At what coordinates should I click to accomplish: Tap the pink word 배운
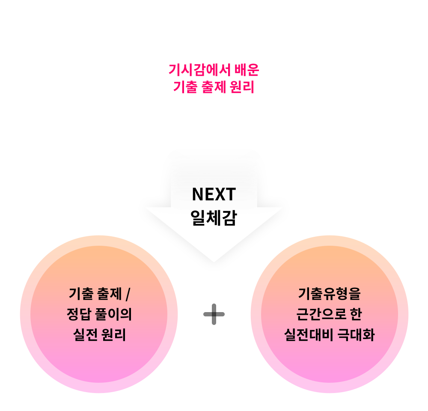coord(247,69)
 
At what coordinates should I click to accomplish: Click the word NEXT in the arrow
coord(214,195)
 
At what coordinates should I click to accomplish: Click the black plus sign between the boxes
coord(214,315)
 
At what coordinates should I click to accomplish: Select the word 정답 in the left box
coord(77,315)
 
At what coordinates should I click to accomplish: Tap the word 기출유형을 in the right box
coord(329,295)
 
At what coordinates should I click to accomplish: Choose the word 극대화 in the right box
coord(357,335)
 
